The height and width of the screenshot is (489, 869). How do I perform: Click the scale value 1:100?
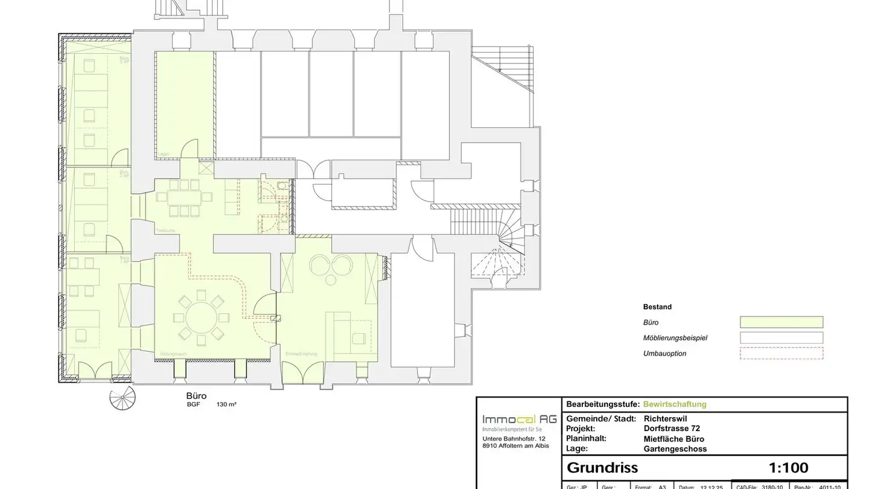(788, 467)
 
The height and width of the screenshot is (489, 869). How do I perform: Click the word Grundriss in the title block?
(602, 467)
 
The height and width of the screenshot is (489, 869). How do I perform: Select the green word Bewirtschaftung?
(675, 404)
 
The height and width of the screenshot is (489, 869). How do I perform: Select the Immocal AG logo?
(519, 420)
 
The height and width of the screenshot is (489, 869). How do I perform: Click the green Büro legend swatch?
(781, 322)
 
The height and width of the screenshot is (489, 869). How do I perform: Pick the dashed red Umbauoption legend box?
(781, 353)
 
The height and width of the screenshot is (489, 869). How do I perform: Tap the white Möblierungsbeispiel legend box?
(781, 337)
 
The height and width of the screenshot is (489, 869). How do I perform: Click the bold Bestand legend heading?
(657, 307)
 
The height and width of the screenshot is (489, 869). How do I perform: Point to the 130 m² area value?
(226, 404)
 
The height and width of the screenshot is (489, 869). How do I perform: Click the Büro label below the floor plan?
(196, 396)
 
